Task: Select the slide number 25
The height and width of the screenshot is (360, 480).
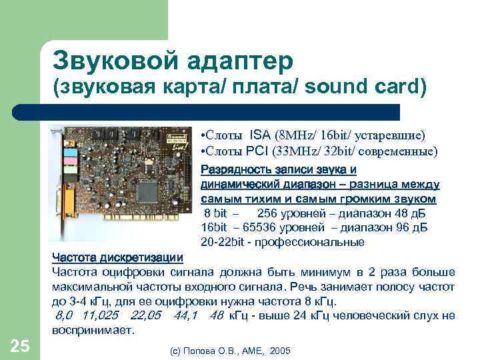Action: [20, 345]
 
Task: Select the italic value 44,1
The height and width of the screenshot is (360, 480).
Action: [187, 315]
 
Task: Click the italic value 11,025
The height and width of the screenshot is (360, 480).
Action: [99, 315]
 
